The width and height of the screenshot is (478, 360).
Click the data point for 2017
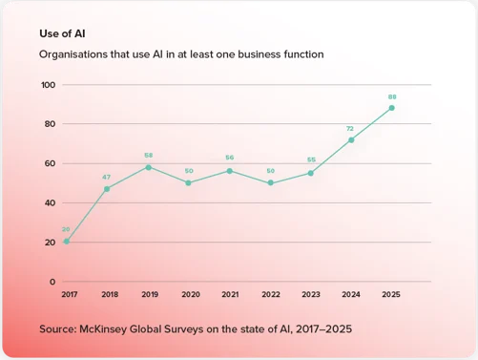66,242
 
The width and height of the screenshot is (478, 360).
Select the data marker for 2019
148,167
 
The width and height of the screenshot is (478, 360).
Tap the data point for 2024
351,139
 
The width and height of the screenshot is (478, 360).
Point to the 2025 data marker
391,108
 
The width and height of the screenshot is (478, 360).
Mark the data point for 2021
229,171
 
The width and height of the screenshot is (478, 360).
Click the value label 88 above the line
391,96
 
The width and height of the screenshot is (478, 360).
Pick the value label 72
351,128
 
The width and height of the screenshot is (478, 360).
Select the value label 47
107,178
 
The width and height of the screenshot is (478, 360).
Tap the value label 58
148,156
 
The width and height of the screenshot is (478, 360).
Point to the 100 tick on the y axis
48,85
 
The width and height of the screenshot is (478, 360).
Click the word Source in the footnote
60,329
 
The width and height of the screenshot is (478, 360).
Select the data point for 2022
270,182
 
